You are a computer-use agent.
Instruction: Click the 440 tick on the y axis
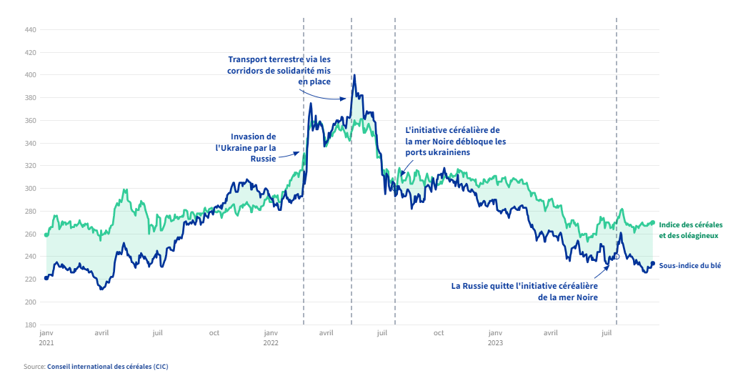(31, 30)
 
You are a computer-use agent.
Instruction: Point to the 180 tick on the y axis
(31, 325)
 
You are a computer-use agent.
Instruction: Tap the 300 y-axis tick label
(31, 189)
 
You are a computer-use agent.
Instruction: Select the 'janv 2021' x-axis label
(46, 337)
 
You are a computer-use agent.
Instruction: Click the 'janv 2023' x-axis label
(495, 337)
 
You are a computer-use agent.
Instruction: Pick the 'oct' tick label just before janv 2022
(214, 333)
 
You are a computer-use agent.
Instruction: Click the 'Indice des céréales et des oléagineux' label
(690, 229)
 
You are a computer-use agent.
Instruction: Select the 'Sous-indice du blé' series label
(689, 265)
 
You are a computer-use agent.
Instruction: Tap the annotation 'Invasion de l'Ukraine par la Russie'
(246, 147)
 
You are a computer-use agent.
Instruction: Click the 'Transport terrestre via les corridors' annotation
(279, 70)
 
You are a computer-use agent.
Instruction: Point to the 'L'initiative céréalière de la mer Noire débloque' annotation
(455, 141)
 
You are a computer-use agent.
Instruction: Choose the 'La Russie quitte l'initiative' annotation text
(524, 291)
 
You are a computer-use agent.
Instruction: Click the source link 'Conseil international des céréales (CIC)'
(107, 366)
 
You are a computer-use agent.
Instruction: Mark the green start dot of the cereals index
(46, 234)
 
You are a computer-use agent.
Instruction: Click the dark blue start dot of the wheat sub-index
(46, 278)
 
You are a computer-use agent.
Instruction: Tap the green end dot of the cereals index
(652, 222)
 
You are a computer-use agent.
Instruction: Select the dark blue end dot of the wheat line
(652, 264)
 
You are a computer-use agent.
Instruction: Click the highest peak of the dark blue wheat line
(354, 76)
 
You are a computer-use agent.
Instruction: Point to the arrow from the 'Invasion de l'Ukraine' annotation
(289, 153)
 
